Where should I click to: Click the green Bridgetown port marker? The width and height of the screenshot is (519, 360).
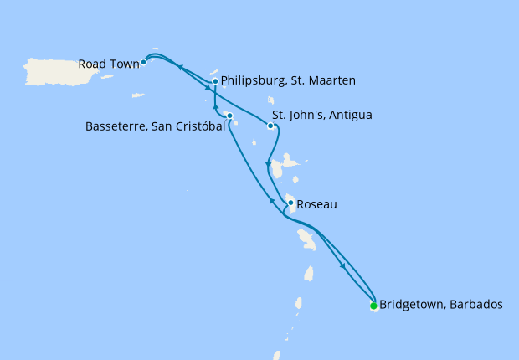(373, 306)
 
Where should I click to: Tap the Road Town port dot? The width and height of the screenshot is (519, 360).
(144, 62)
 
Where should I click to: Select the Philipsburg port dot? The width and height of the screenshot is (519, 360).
(215, 81)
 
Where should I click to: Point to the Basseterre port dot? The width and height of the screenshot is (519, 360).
(229, 116)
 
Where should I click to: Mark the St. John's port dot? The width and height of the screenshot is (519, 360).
(270, 126)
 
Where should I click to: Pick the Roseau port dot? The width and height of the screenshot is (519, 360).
(290, 203)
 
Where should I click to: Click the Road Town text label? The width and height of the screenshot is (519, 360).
(108, 63)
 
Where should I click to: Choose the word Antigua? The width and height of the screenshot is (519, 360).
(351, 115)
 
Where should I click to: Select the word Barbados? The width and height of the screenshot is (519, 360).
(477, 305)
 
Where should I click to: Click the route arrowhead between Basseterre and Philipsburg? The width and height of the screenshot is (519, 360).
(216, 107)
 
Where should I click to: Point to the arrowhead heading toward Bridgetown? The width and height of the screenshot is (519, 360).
(343, 267)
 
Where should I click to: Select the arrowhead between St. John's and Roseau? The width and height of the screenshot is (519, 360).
(267, 163)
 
